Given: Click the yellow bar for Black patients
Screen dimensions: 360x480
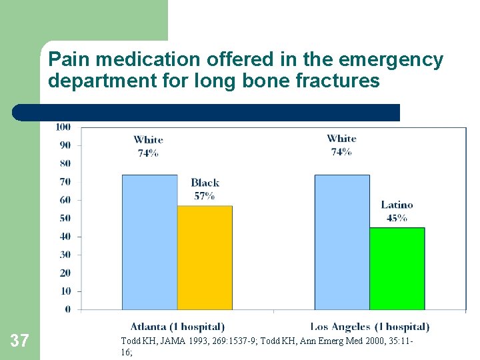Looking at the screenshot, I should tap(205, 257).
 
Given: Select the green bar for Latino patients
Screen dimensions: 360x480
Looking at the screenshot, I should tap(397, 268).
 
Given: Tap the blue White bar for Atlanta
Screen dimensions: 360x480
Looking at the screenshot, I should tap(149, 242).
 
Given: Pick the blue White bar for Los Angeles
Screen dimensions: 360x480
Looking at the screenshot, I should tap(341, 242).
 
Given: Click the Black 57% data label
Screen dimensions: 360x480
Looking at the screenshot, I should tap(205, 189).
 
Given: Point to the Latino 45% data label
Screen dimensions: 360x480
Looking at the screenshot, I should tap(397, 211).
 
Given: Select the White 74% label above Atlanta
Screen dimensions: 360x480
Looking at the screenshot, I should tap(148, 146).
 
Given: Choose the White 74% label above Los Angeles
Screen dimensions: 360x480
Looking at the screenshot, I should tap(341, 145).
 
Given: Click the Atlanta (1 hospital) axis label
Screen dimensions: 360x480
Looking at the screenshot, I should tap(177, 327).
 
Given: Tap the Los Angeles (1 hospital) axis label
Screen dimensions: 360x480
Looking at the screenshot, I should tap(369, 327).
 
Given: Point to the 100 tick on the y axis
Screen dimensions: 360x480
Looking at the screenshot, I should tap(63, 127).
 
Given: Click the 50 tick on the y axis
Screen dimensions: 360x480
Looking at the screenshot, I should tap(65, 218).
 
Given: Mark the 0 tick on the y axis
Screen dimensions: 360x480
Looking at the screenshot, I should tap(67, 309).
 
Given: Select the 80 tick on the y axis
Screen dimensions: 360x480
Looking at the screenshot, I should tap(65, 163).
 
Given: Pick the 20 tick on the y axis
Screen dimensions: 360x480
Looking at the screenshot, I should tap(65, 273).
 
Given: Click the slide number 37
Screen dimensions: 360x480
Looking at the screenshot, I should tap(20, 341).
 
